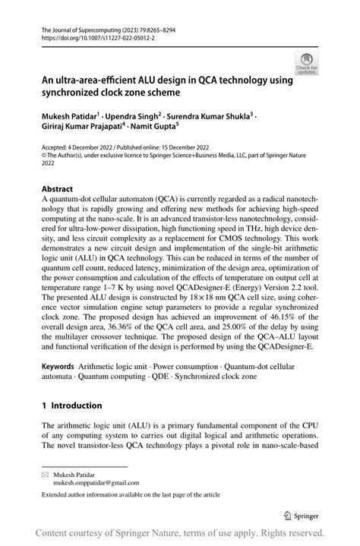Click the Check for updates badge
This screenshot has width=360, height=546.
[307, 64]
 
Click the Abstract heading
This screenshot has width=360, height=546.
[58, 188]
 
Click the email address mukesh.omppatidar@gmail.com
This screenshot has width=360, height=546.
[96, 482]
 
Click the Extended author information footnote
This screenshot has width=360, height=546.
[131, 495]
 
